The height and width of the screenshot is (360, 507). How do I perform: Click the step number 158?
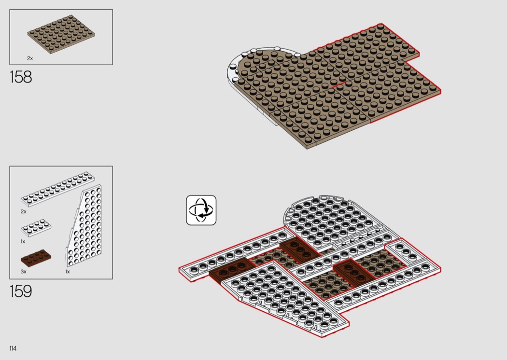click(21, 77)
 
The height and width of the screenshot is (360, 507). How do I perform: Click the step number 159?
click(21, 291)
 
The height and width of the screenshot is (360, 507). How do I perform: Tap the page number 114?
click(13, 348)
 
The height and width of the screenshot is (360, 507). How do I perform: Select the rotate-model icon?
click(201, 210)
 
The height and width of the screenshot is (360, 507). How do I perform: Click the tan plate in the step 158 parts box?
click(61, 34)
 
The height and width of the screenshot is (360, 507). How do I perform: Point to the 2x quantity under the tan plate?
click(30, 58)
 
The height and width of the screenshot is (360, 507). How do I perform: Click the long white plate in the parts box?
click(58, 189)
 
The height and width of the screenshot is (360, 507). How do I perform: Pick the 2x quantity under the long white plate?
click(24, 212)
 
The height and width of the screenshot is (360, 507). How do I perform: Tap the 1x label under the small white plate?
click(23, 242)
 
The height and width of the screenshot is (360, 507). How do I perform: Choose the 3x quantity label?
click(24, 272)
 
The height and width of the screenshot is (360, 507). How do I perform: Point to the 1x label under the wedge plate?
click(68, 272)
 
